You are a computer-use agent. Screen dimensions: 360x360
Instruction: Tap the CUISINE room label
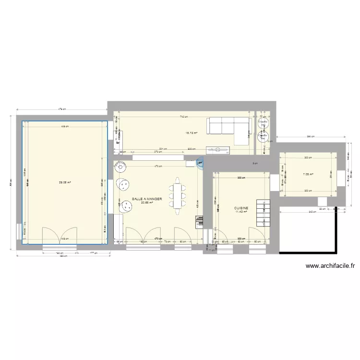point(241,208)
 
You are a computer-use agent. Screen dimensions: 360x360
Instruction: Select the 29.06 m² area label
point(65,182)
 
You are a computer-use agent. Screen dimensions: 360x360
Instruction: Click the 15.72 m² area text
point(191,133)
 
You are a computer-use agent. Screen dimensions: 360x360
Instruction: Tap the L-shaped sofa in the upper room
point(229,129)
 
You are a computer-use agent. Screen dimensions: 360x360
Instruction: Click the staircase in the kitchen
point(262,213)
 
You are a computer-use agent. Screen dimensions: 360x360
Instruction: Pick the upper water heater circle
point(263,123)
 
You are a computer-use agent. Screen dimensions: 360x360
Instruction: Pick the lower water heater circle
point(263,136)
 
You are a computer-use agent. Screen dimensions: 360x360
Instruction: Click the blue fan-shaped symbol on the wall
point(200,163)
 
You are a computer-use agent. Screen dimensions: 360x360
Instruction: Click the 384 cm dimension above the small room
point(310,137)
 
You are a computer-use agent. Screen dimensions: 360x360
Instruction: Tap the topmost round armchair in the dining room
point(120,168)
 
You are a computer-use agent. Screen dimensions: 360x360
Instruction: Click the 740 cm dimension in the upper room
point(184,117)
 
